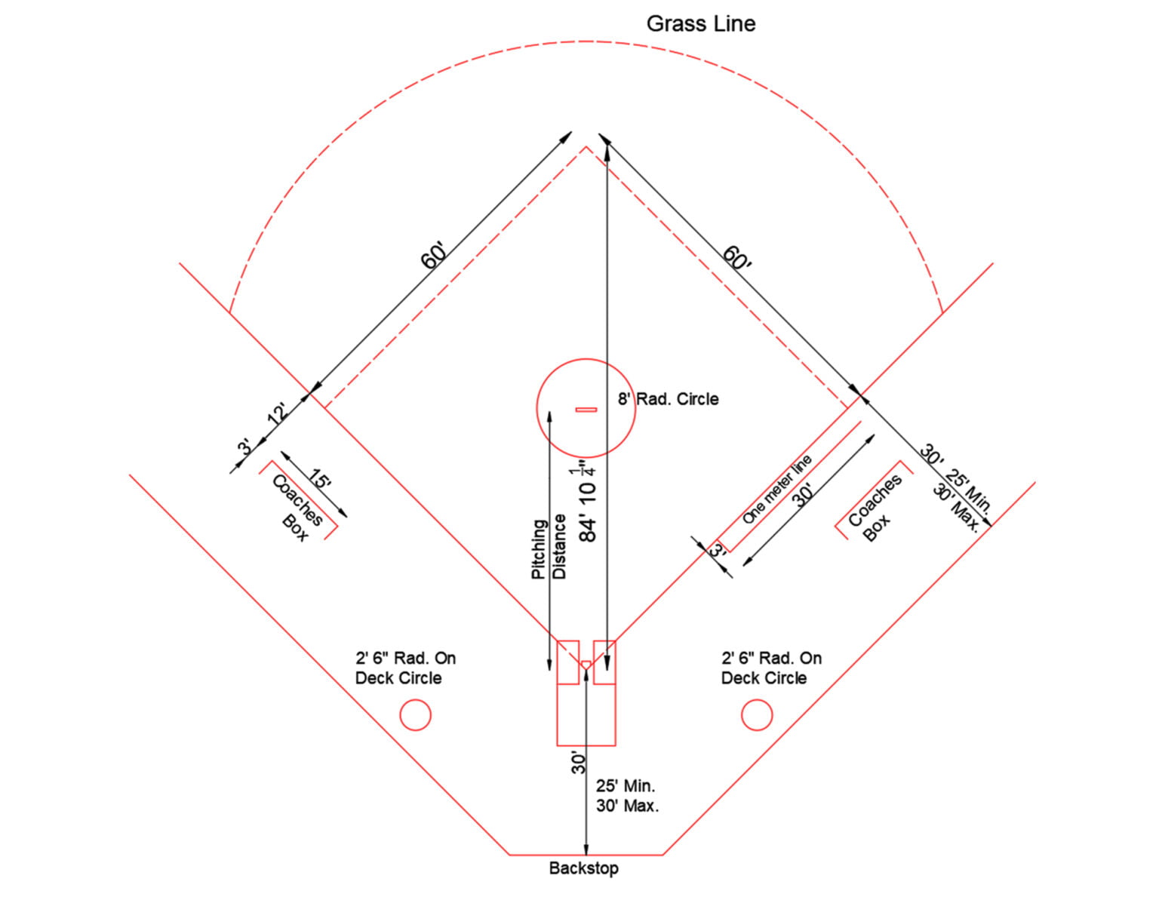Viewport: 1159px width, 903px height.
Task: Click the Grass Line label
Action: pyautogui.click(x=700, y=24)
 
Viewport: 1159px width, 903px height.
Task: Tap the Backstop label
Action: pyautogui.click(x=583, y=868)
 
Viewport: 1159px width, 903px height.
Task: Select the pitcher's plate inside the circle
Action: pyautogui.click(x=586, y=410)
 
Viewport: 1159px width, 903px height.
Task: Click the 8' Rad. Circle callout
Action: pyautogui.click(x=668, y=399)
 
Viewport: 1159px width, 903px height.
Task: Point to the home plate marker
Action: pyautogui.click(x=586, y=664)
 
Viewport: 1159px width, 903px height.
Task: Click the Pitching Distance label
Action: pyautogui.click(x=549, y=549)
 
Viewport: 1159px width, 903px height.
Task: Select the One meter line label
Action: pyautogui.click(x=777, y=489)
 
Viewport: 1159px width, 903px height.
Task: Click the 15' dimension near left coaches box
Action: pyautogui.click(x=319, y=478)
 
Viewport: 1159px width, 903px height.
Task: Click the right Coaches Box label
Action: pyautogui.click(x=875, y=508)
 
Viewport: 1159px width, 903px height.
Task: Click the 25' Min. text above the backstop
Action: pyautogui.click(x=625, y=786)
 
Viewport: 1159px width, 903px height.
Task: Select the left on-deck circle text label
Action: pyautogui.click(x=405, y=668)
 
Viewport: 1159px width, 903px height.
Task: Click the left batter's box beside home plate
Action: pyautogui.click(x=567, y=662)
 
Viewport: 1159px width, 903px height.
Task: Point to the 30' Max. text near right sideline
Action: pyautogui.click(x=956, y=508)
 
